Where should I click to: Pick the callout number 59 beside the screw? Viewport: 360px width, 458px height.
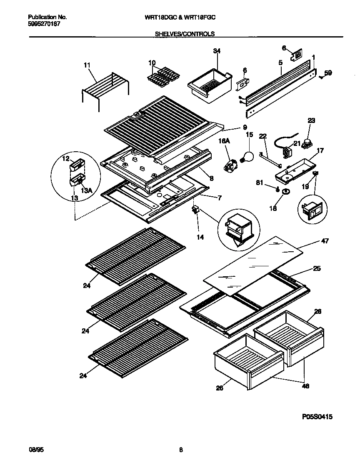pos(328,73)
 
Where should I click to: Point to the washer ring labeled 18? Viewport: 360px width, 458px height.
pos(286,192)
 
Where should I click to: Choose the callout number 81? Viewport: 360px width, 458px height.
pos(259,182)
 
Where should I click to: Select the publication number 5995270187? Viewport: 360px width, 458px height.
pos(44,25)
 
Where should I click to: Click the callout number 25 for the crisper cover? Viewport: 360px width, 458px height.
pos(317,269)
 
